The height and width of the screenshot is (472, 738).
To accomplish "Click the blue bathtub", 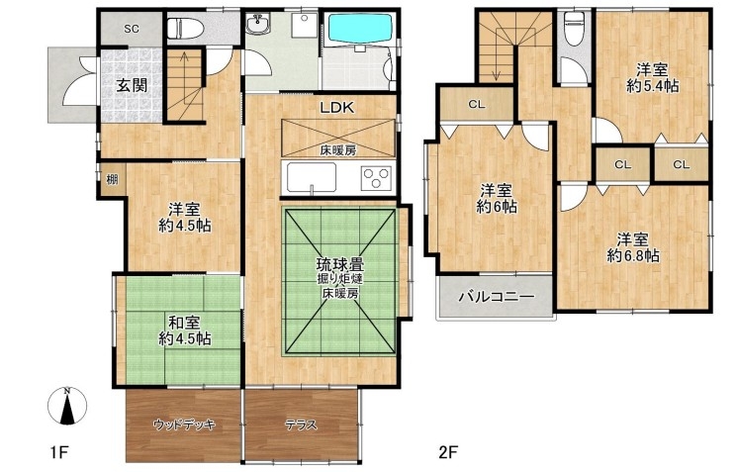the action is coord(360,29).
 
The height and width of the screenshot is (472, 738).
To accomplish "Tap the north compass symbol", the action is coord(68,406).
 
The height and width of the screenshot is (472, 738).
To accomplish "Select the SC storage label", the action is coord(132,29).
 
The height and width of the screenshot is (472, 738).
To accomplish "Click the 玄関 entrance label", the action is coord(132,86).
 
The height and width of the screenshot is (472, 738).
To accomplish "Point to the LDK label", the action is coord(337,108).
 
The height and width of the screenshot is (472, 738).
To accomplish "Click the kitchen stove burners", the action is coord(376,178).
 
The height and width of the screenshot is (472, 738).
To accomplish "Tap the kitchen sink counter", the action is coord(312,177).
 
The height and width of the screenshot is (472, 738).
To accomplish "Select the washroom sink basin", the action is coord(258,24).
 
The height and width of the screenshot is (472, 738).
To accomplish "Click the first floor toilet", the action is coord(185,29).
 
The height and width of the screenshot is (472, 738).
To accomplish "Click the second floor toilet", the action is coord(574,29).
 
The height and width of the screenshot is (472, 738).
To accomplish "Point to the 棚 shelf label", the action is coord(112,179).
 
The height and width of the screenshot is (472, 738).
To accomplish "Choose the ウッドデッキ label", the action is coord(184,425).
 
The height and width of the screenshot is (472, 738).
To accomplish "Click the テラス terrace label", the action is coord(301,425).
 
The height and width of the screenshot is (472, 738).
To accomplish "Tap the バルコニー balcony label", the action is coord(497,297).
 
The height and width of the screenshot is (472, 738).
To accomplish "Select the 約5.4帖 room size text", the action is coord(652,86).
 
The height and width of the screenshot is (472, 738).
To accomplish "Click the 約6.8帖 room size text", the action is coord(633,255).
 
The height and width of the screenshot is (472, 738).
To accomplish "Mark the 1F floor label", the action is coord(59,453).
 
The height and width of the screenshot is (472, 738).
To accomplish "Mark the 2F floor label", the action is coord(447,453).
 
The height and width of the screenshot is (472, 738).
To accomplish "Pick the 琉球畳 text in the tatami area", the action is coord(340,264).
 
